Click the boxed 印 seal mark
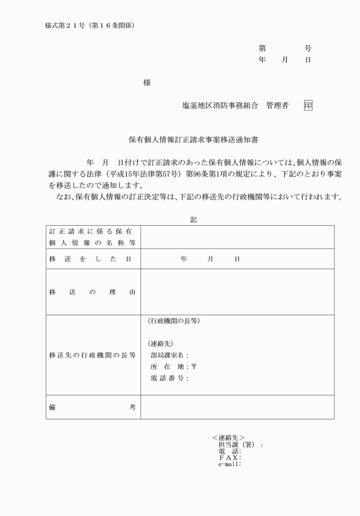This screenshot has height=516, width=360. tap(309, 106)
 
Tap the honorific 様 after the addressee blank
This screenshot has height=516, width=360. tap(147, 83)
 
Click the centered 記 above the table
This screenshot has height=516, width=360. tap(193, 219)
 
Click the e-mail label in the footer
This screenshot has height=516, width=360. tap(229, 463)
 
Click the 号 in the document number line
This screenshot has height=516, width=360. tap(308, 49)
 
